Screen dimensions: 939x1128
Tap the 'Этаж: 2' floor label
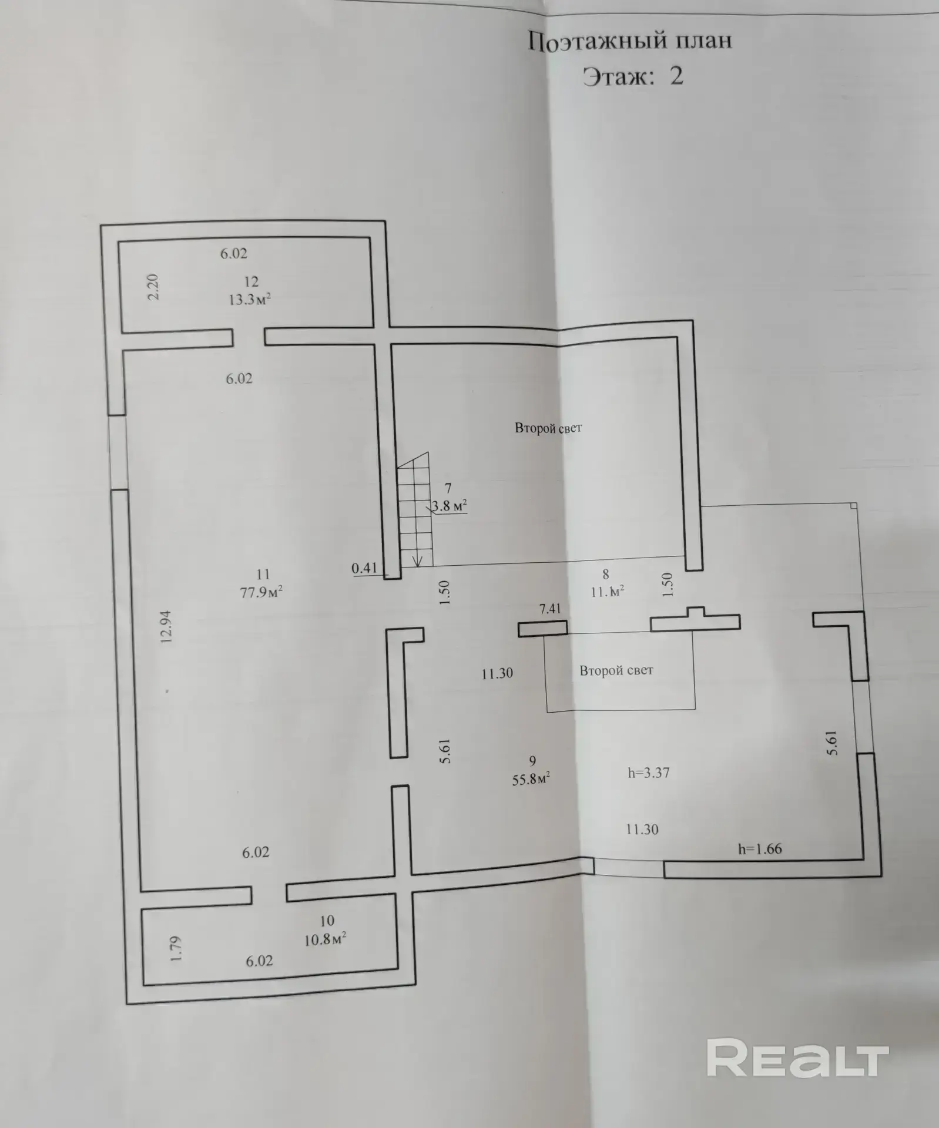(x=633, y=76)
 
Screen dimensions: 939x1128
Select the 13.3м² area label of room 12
(x=250, y=299)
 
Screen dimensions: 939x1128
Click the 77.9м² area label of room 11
(x=261, y=592)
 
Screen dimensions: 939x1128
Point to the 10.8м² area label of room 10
(x=325, y=939)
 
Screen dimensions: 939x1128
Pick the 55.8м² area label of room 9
(x=531, y=779)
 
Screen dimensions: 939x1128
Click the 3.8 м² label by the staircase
(x=450, y=505)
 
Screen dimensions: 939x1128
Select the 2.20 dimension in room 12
(x=153, y=287)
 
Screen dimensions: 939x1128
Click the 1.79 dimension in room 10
(x=176, y=948)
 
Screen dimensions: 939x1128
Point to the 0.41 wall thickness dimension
(x=364, y=568)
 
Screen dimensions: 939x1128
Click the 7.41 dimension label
(x=550, y=609)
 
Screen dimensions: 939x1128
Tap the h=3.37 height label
(x=649, y=773)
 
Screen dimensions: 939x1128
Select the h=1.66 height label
(x=760, y=848)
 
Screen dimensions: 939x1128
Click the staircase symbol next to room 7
(x=415, y=510)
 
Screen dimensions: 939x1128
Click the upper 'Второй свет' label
(x=548, y=428)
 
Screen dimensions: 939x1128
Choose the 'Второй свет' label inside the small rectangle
(x=616, y=670)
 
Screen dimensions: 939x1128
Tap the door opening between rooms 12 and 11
(x=249, y=337)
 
